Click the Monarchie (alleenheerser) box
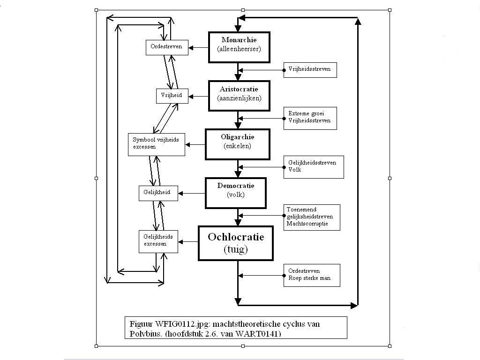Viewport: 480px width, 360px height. [x=239, y=47]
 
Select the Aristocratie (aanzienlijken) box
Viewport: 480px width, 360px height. [x=239, y=96]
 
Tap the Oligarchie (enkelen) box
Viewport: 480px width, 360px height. [x=237, y=144]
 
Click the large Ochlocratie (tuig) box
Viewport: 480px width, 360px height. [x=236, y=243]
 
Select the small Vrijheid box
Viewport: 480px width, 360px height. [x=172, y=96]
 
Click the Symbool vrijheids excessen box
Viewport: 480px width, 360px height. [x=157, y=144]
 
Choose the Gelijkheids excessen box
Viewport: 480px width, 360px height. [x=158, y=241]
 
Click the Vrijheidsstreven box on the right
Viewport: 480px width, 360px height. [x=310, y=70]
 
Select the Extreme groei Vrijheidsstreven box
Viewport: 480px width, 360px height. [x=310, y=118]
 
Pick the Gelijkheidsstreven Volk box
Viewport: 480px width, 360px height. [x=314, y=167]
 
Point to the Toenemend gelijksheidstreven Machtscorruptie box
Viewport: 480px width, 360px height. [x=312, y=217]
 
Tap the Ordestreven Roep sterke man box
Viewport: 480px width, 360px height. [x=312, y=275]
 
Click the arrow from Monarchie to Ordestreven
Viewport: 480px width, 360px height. [x=198, y=47]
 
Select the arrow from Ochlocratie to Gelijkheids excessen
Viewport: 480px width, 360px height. [x=188, y=242]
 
